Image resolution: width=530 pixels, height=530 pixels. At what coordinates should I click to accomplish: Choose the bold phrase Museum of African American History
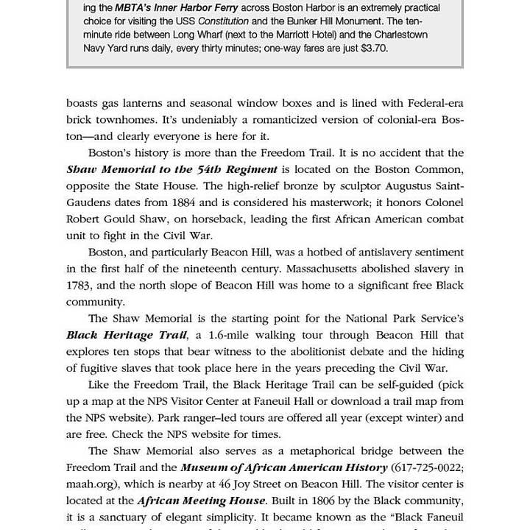pyautogui.click(x=283, y=467)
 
